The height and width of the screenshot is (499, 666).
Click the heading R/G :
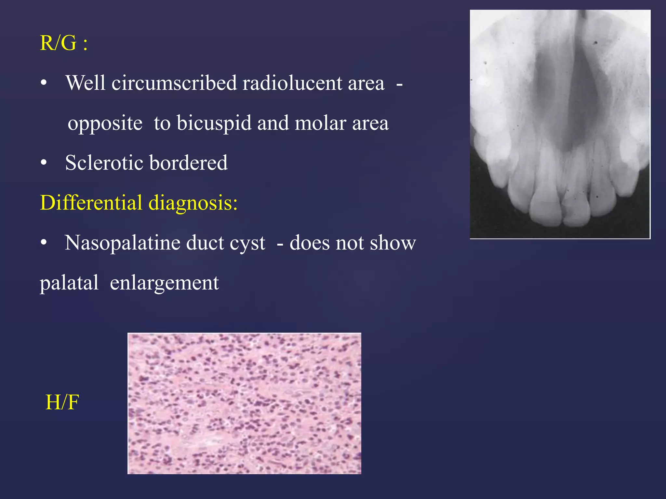tap(64, 43)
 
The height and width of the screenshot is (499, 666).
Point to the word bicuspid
tap(214, 123)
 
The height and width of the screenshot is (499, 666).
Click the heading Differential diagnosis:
tap(139, 203)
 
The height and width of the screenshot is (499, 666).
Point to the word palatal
tap(69, 283)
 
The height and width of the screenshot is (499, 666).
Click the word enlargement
tap(164, 283)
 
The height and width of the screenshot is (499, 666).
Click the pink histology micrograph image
tap(244, 403)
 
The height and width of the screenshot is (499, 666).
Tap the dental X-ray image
tap(560, 124)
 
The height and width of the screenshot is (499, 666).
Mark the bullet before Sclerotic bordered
tap(44, 163)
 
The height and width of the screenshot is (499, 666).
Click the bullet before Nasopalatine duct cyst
tap(44, 243)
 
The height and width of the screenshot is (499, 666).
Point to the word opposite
tap(105, 124)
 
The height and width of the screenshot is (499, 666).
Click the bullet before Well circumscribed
tap(44, 83)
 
